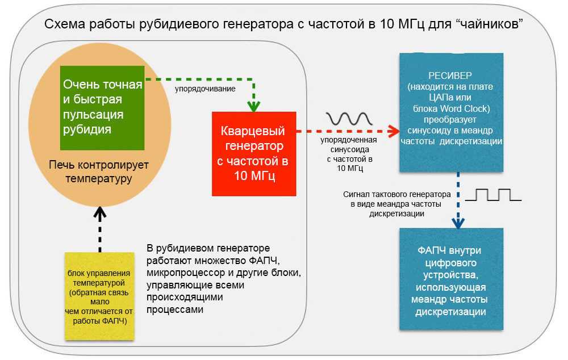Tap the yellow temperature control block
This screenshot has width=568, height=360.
(x=99, y=296)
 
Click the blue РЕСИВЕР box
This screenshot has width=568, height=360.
(x=451, y=112)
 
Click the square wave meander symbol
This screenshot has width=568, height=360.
(x=492, y=195)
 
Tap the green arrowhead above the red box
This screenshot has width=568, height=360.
(x=253, y=106)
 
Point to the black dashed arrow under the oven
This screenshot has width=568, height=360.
(x=99, y=230)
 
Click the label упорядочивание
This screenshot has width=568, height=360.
(x=204, y=89)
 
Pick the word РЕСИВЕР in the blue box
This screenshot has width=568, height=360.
(x=452, y=76)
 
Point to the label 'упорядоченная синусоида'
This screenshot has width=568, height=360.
(x=348, y=144)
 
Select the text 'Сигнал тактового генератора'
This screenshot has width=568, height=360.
(x=397, y=194)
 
